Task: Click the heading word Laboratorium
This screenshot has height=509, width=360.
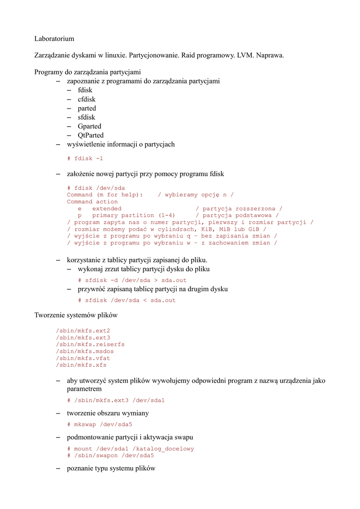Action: (54, 38)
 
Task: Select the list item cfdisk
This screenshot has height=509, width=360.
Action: (87, 99)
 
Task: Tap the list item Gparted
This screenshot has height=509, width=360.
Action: (90, 126)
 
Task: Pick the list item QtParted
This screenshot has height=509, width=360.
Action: (90, 135)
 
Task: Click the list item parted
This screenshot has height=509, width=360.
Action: (87, 108)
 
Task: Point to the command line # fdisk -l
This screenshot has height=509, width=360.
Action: (85, 159)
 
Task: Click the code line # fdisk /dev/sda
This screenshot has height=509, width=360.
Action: (96, 188)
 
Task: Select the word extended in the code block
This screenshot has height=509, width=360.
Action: (107, 209)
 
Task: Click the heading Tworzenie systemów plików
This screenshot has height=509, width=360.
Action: (76, 315)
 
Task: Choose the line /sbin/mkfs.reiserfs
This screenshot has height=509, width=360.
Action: (90, 344)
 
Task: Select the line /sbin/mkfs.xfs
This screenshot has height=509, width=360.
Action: (82, 365)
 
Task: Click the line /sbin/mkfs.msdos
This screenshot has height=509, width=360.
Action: (85, 351)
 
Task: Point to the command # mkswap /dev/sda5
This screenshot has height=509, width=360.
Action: (99, 424)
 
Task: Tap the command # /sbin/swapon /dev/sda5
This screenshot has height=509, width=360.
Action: (110, 455)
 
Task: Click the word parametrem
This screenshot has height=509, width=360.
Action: (84, 389)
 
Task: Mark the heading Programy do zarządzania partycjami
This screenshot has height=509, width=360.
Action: (88, 72)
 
